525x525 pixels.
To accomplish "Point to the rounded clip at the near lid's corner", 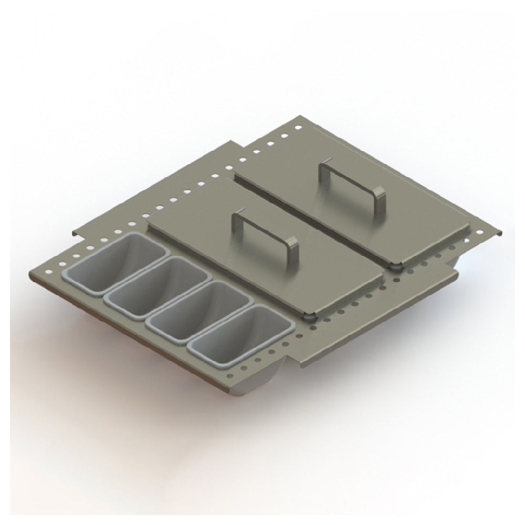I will tap(310, 317).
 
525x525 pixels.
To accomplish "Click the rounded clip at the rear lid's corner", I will tap(396, 266).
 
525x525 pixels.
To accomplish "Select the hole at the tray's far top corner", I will tap(298, 128).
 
